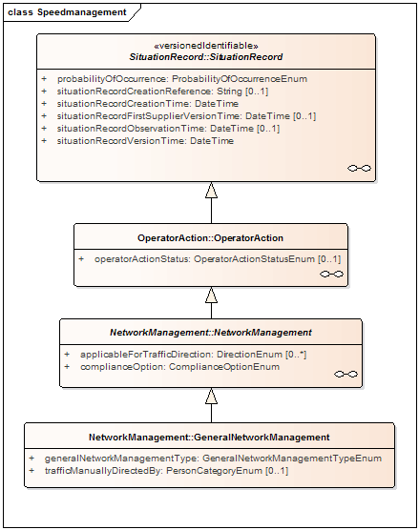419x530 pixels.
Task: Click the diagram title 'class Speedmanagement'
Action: [67, 12]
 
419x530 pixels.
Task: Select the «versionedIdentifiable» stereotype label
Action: [206, 46]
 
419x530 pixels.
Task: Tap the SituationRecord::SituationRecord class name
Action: [206, 57]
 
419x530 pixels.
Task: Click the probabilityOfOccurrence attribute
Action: [182, 79]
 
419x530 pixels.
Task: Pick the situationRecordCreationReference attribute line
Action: [162, 92]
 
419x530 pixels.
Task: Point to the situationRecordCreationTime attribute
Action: [148, 104]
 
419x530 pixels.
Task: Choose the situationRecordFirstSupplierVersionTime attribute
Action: [186, 116]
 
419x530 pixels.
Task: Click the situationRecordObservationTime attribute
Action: [168, 129]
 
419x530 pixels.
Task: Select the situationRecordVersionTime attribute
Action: [145, 141]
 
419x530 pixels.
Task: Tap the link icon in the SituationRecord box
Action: [359, 168]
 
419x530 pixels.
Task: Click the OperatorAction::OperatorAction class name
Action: [210, 238]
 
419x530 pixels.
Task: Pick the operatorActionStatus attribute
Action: [218, 259]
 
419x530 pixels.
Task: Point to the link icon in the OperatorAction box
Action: [331, 274]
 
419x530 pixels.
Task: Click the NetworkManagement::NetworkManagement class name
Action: [211, 333]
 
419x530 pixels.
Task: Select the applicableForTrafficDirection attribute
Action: [193, 355]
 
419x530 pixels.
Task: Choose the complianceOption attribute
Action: [179, 367]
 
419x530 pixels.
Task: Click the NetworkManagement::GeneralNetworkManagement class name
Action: [209, 438]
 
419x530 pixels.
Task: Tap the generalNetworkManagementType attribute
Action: [213, 459]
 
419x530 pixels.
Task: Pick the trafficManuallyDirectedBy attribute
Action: [166, 471]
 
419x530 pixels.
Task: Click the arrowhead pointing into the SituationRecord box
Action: [211, 190]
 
